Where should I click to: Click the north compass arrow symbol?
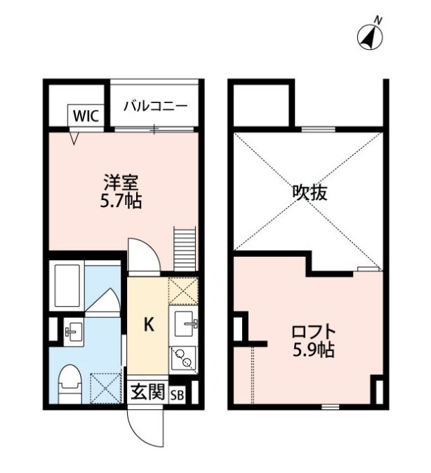click(370, 36)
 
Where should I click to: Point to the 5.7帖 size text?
click(121, 202)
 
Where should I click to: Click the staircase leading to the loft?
click(184, 249)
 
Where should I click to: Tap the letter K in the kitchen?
click(148, 324)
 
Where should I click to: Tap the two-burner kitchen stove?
click(184, 359)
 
